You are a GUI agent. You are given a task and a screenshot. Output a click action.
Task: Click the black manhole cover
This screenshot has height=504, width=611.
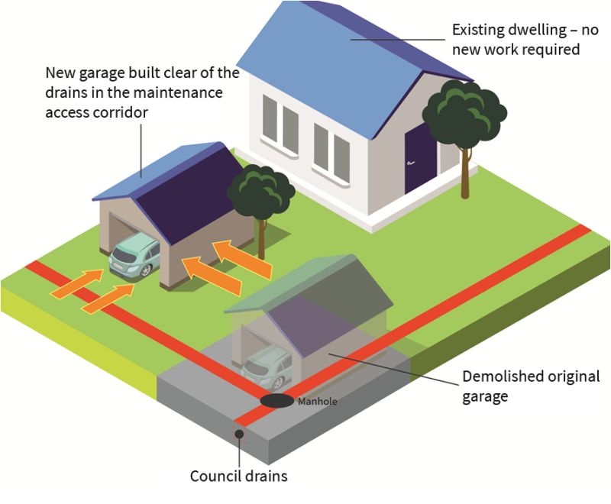pyautogui.click(x=276, y=400)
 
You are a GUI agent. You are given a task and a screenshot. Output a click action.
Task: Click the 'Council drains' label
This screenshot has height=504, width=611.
pyautogui.click(x=238, y=477)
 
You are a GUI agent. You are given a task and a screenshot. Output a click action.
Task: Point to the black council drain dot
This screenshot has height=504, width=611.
pyautogui.click(x=239, y=435)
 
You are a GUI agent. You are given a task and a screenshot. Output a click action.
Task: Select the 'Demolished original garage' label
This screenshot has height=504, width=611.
pyautogui.click(x=531, y=386)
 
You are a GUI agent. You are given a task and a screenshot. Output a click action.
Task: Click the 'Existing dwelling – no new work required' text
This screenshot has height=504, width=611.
pyautogui.click(x=516, y=40)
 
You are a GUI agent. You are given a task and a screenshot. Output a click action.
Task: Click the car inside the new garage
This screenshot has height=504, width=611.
pyautogui.click(x=134, y=257)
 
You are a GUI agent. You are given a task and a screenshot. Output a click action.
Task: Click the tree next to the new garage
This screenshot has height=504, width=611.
pyautogui.click(x=260, y=195)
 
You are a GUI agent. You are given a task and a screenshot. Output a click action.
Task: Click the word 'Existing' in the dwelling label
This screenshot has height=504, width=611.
pyautogui.click(x=477, y=31)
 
